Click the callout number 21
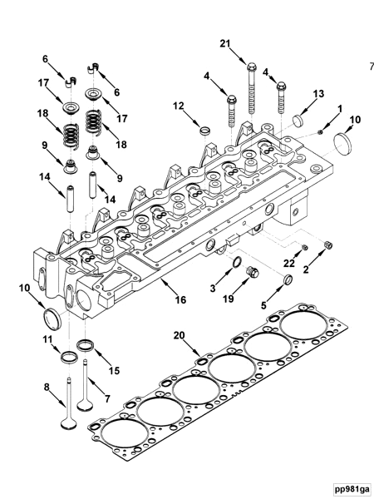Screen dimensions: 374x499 pyautogui.click(x=225, y=43)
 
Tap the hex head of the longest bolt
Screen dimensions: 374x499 pyautogui.click(x=251, y=67)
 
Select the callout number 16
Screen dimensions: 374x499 pyautogui.click(x=180, y=299)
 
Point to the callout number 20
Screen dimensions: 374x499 pyautogui.click(x=179, y=335)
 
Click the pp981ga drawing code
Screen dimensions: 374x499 pyautogui.click(x=352, y=488)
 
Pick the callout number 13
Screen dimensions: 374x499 pyautogui.click(x=318, y=93)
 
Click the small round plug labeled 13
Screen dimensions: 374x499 pyautogui.click(x=298, y=121)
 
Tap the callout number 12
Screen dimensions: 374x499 pyautogui.click(x=179, y=106)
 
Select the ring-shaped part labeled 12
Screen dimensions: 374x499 pyautogui.click(x=205, y=130)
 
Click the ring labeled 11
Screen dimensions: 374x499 pyautogui.click(x=69, y=357)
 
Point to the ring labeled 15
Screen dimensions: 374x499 pyautogui.click(x=86, y=345)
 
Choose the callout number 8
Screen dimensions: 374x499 pyautogui.click(x=47, y=388)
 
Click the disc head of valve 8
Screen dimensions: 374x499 pyautogui.click(x=69, y=424)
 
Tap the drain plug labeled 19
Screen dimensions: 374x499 pyautogui.click(x=253, y=272)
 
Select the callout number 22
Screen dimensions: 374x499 pyautogui.click(x=289, y=263)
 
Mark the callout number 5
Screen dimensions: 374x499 pyautogui.click(x=263, y=305)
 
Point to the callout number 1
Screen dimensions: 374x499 pyautogui.click(x=340, y=109)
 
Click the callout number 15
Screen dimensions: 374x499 pyautogui.click(x=114, y=370)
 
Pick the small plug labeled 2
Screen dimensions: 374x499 pyautogui.click(x=328, y=245)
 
